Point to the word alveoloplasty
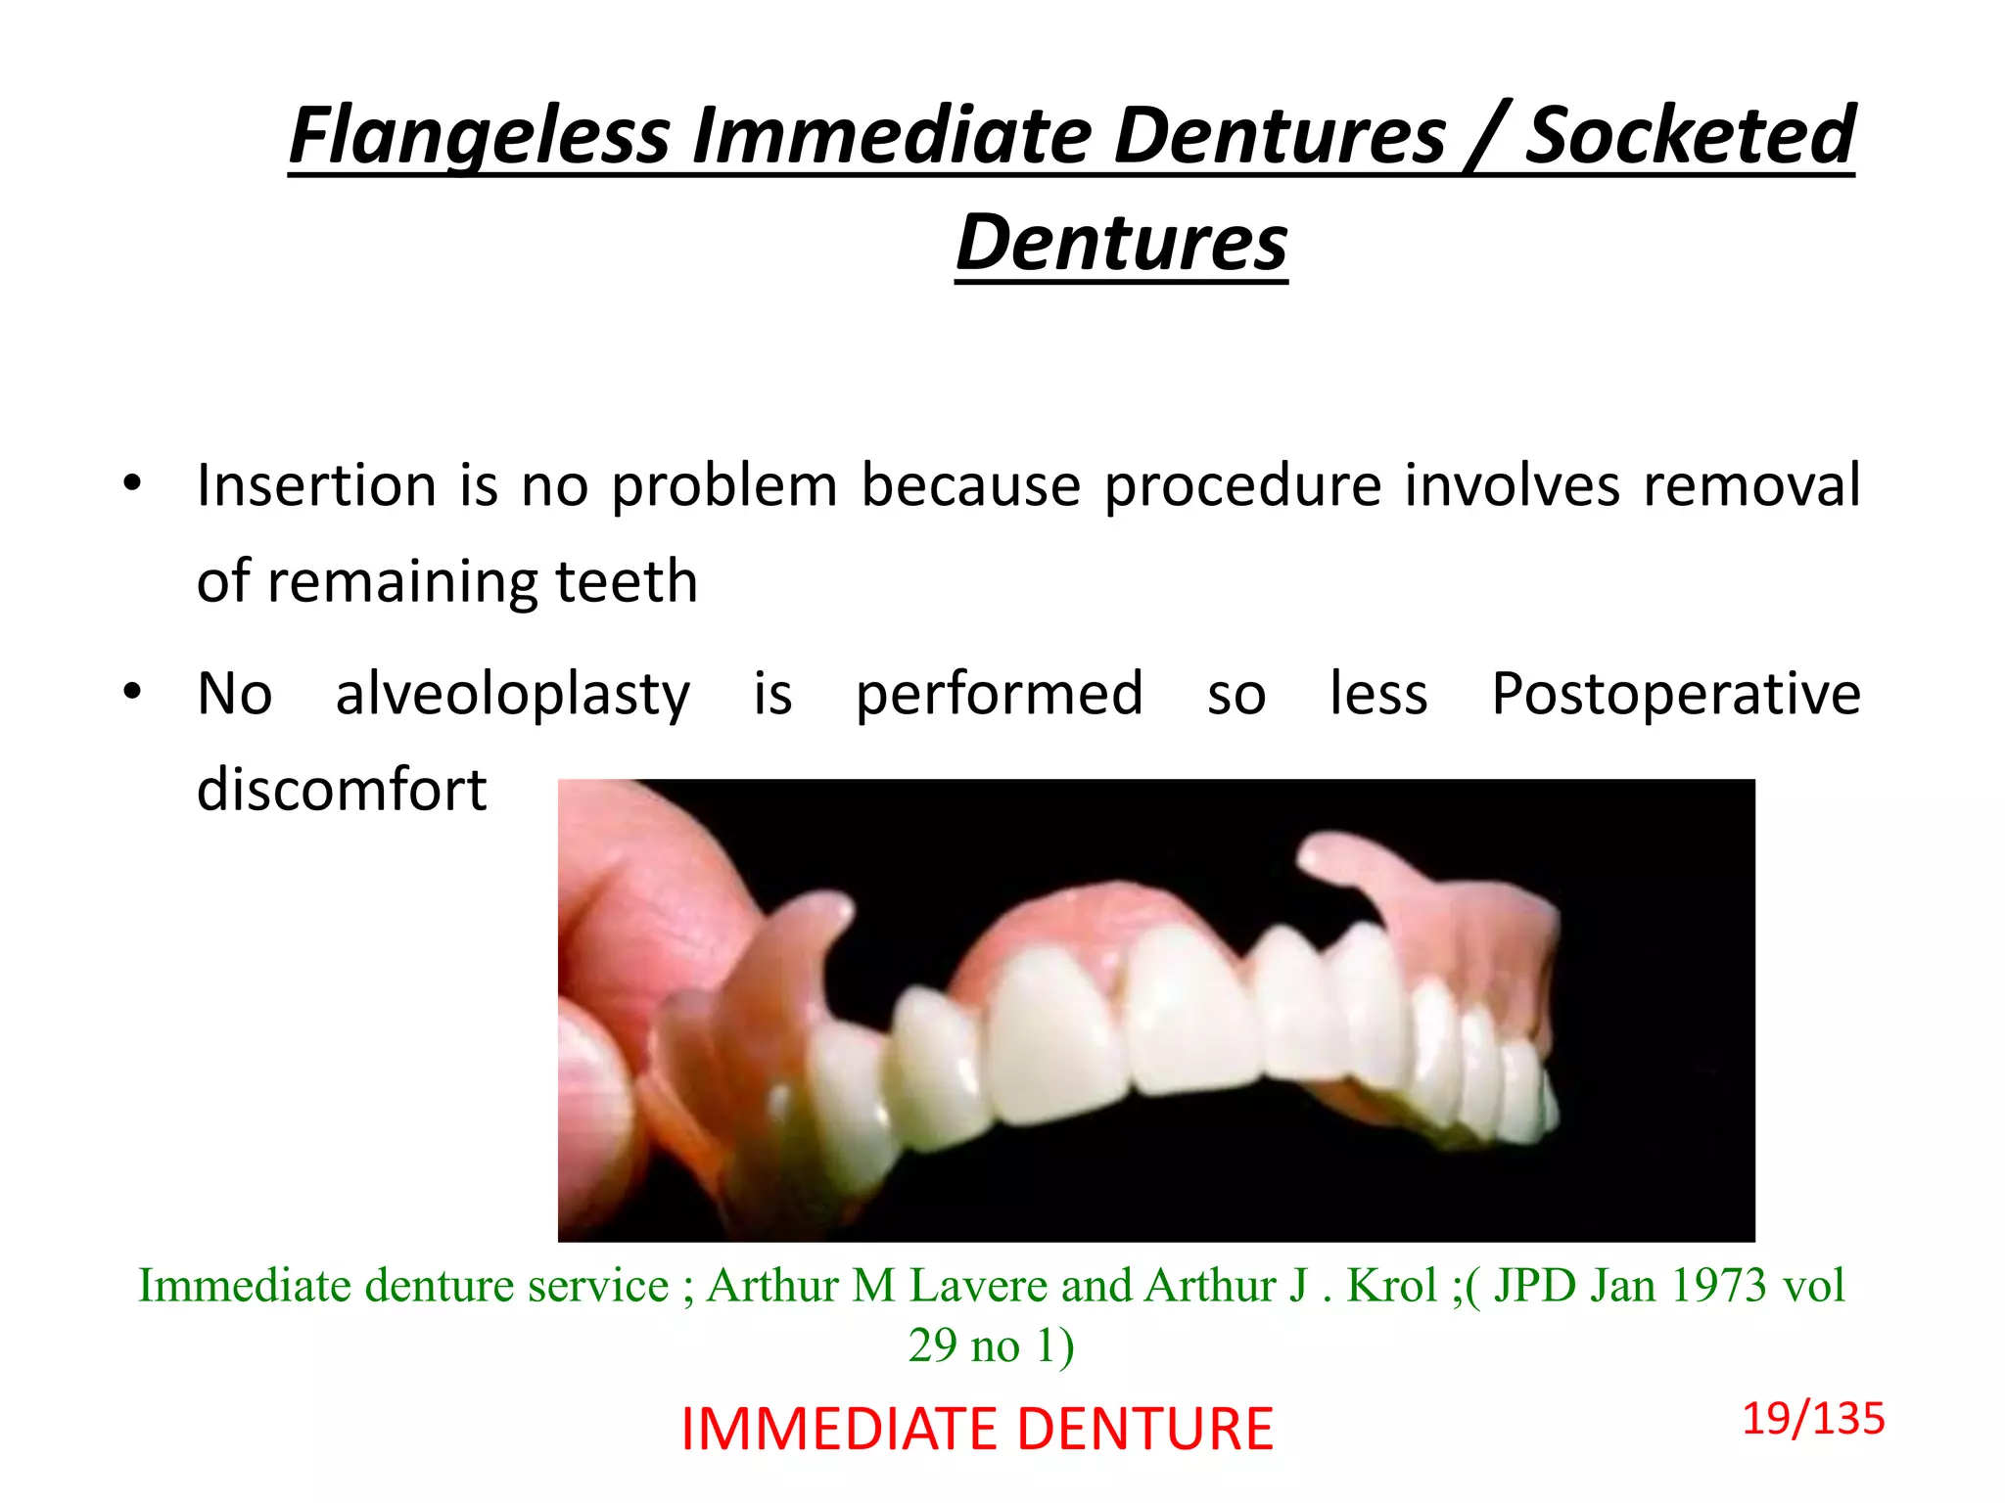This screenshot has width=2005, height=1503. point(512,695)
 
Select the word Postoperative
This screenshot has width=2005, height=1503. point(1675,695)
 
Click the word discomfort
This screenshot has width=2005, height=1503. point(341,790)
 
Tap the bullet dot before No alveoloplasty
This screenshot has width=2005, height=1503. point(132,693)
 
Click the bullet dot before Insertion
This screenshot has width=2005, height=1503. point(132,483)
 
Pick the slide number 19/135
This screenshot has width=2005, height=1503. point(1812,1419)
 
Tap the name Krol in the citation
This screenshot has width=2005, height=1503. point(1391,1286)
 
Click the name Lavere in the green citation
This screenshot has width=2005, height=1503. point(980,1286)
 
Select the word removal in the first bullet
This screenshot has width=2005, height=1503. point(1750,485)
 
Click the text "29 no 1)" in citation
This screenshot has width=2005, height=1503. point(991,1346)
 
